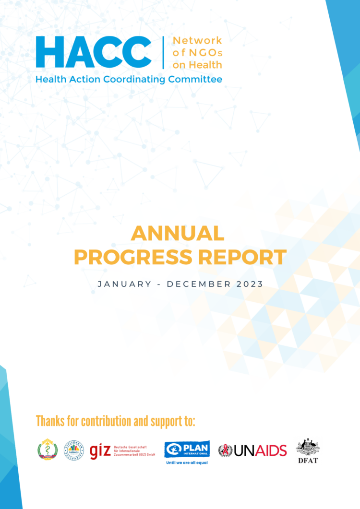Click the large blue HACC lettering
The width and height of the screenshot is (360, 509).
(x=94, y=52)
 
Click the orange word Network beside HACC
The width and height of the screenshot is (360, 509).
(x=197, y=40)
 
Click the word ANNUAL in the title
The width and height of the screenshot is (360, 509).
(x=178, y=234)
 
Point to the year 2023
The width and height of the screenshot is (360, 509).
(x=250, y=284)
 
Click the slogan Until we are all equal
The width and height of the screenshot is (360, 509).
(x=187, y=463)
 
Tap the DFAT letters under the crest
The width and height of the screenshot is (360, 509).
(x=308, y=461)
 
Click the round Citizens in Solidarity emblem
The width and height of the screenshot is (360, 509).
(x=74, y=450)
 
